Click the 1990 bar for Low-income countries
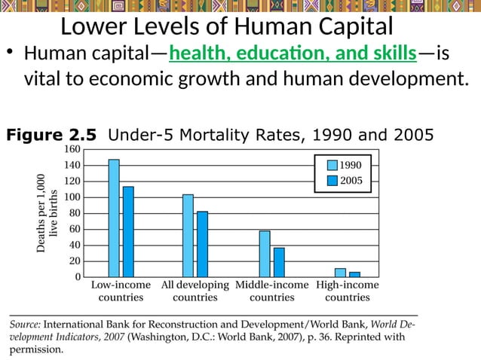click(114, 218)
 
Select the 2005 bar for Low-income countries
click(128, 232)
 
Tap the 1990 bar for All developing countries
click(188, 236)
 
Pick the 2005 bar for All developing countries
click(202, 244)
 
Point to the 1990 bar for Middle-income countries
click(265, 254)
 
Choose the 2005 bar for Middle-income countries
click(279, 262)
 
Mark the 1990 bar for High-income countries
click(340, 273)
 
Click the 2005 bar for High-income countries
click(354, 274)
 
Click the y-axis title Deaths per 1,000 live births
click(47, 213)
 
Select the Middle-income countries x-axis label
click(271, 291)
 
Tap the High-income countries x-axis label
click(347, 291)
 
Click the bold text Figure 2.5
click(51, 135)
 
